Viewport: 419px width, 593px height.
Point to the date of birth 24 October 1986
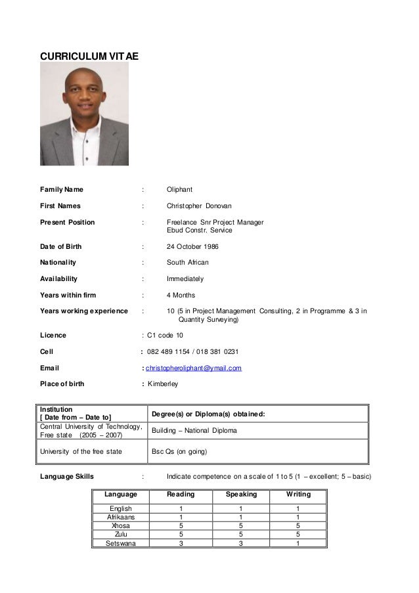192,246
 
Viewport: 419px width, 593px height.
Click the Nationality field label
58,262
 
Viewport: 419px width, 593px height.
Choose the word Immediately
185,278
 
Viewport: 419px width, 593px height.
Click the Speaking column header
241,494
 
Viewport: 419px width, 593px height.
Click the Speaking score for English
241,508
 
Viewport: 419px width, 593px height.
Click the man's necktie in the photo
85,135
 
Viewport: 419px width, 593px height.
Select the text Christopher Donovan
195,206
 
